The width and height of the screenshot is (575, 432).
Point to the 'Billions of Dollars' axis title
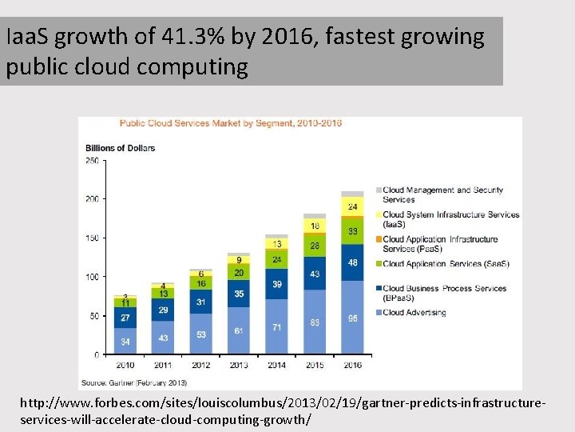(x=120, y=148)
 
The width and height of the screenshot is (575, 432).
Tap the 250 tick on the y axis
(x=92, y=161)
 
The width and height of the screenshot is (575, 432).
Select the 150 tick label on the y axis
(x=92, y=238)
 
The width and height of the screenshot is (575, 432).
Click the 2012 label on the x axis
(x=201, y=366)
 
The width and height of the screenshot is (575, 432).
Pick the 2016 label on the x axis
(x=352, y=366)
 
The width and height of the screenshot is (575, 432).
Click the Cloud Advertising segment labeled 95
(x=352, y=318)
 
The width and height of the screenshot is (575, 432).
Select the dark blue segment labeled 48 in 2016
(x=352, y=262)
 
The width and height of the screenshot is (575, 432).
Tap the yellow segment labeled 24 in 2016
(x=352, y=206)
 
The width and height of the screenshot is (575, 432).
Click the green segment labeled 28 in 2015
(x=315, y=246)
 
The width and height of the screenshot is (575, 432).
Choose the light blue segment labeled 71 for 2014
(x=276, y=327)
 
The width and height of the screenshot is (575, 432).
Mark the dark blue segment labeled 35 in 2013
(x=239, y=294)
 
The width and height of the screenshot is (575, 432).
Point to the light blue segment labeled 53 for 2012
(x=201, y=334)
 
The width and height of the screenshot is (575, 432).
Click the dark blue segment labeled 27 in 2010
(x=125, y=318)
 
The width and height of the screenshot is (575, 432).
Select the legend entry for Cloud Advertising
(x=413, y=313)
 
